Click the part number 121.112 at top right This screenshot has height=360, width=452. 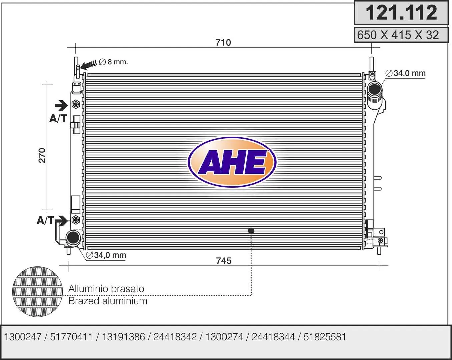pyautogui.click(x=401, y=13)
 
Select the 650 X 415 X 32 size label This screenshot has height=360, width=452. pyautogui.click(x=398, y=35)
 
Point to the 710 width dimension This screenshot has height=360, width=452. pyautogui.click(x=223, y=43)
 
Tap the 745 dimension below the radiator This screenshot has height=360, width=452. pyautogui.click(x=224, y=261)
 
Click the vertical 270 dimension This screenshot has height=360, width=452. pyautogui.click(x=42, y=155)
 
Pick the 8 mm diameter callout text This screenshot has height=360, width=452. pyautogui.click(x=113, y=62)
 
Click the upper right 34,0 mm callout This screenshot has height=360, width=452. pyautogui.click(x=406, y=73)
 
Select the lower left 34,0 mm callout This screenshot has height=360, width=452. pyautogui.click(x=106, y=255)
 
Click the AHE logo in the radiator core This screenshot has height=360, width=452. pyautogui.click(x=232, y=162)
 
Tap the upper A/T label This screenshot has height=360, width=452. pyautogui.click(x=58, y=119)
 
